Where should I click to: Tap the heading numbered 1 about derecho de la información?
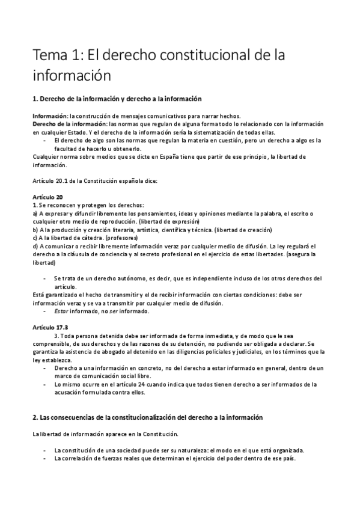tap(117, 98)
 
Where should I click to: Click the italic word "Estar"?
tap(61, 312)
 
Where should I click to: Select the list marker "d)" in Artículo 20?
tap(35, 246)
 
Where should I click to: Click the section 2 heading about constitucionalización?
tap(147, 417)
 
